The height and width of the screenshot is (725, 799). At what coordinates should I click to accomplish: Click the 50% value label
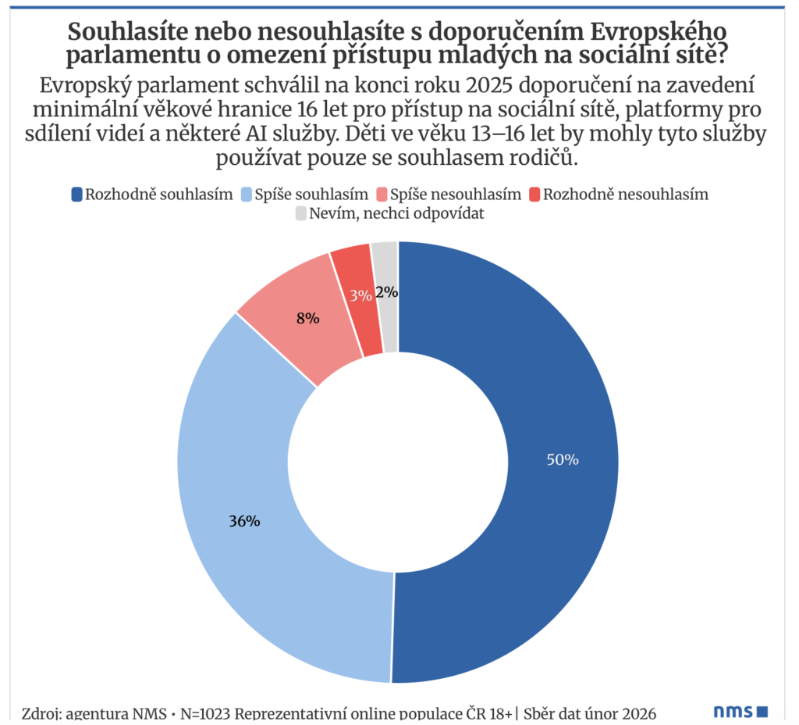point(562,460)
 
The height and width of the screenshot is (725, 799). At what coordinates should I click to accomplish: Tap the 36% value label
point(243,521)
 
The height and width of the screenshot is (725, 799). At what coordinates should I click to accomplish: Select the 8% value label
point(307,318)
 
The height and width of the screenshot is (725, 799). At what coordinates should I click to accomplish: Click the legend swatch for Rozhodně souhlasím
point(76,195)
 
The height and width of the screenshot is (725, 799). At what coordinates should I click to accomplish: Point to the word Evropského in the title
point(659,33)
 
